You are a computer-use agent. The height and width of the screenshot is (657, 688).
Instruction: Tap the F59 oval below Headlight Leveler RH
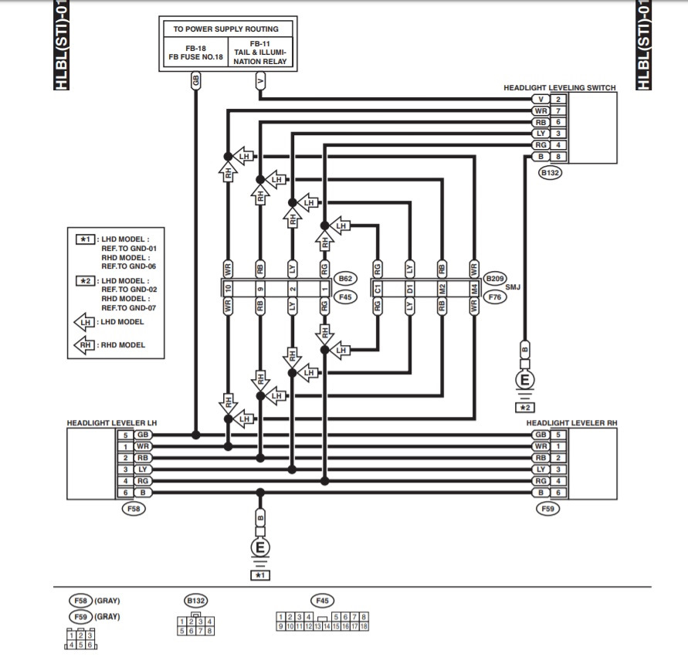click(x=549, y=509)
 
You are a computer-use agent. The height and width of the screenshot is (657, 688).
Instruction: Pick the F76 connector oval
click(x=495, y=295)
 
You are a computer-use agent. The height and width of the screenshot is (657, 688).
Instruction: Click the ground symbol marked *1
click(x=259, y=549)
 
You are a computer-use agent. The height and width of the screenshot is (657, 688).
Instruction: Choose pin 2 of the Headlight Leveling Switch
click(x=558, y=99)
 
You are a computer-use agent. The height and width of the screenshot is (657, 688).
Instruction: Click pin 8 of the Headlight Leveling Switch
click(x=558, y=157)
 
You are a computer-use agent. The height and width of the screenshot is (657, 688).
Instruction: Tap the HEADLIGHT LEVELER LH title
click(x=111, y=423)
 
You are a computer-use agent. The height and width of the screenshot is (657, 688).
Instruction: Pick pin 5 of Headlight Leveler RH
click(x=558, y=435)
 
